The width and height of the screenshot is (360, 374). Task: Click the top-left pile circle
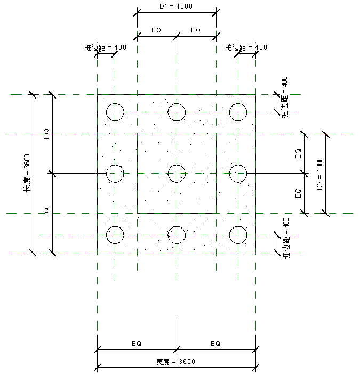coord(115,112)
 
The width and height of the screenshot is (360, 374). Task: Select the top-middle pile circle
coord(177,112)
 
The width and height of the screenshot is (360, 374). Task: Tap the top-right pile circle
coord(238,112)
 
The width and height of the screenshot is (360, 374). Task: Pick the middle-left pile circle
coord(115,173)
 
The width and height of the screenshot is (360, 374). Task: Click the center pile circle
coord(177,173)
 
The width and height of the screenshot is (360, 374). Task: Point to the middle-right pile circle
coord(238,173)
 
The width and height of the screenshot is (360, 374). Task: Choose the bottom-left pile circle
coord(115,234)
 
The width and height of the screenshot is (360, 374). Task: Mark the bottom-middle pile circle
coord(177,234)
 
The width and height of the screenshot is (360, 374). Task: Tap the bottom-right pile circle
coord(238,234)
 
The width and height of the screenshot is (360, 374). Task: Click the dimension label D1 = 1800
coord(176,7)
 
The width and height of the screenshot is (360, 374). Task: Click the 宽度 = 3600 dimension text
coord(175,362)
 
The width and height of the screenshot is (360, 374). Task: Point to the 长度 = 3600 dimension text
coord(27,173)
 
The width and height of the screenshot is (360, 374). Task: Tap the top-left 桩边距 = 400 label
coord(105,47)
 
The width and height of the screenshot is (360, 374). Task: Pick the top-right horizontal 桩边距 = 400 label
coord(246,47)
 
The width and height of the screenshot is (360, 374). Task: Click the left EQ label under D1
coord(156,30)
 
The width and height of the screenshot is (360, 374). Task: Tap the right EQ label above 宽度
coord(215,344)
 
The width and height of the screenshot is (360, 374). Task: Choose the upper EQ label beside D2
coord(299,153)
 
